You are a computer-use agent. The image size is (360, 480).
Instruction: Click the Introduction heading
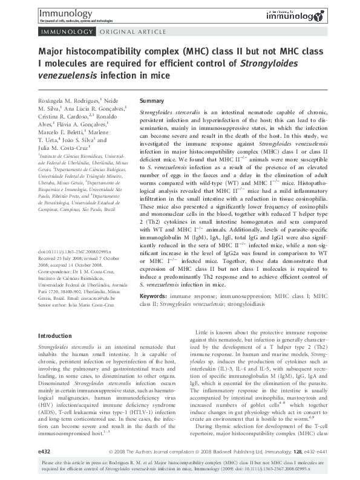(x=56, y=336)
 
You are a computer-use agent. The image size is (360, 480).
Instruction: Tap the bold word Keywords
(x=155, y=296)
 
